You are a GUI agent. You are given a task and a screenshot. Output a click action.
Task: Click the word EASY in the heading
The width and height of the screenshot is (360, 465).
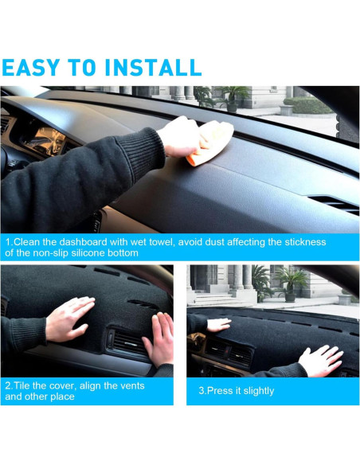pos(31,68)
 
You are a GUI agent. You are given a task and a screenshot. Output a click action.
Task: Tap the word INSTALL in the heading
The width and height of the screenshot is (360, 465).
pos(153,68)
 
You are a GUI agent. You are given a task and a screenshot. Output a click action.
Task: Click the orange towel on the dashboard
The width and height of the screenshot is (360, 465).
pos(210,143)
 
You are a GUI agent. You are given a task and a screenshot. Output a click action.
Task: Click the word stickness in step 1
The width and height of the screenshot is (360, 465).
pos(305,242)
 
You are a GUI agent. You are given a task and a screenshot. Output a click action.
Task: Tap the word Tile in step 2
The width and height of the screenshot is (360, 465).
pos(22,386)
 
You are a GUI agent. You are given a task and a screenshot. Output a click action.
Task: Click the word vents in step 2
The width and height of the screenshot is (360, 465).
pos(132,386)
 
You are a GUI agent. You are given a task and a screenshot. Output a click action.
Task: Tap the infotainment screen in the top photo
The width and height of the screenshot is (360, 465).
pos(45,142)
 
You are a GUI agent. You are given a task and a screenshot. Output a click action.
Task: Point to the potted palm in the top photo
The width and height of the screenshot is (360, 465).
pos(233,99)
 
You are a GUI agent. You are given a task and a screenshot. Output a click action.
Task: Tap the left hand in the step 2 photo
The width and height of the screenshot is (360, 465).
pos(70,318)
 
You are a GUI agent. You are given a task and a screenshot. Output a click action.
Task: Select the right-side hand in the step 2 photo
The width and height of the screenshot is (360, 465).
pos(158,339)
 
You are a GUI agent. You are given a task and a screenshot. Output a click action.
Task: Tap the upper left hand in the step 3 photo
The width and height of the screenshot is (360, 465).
pos(218,325)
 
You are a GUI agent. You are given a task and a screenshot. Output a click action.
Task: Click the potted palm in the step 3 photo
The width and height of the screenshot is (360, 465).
pos(291,283)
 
